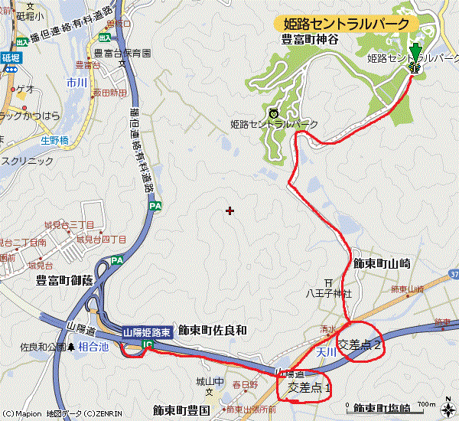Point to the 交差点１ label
(309, 387)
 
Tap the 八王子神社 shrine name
(328, 292)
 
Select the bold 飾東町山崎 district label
(382, 263)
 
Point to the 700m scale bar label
(426, 404)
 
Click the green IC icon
(148, 346)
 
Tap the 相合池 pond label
(95, 347)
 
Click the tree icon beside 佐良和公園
(71, 347)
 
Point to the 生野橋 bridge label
(54, 140)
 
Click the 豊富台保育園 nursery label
(122, 54)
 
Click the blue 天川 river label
(327, 351)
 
